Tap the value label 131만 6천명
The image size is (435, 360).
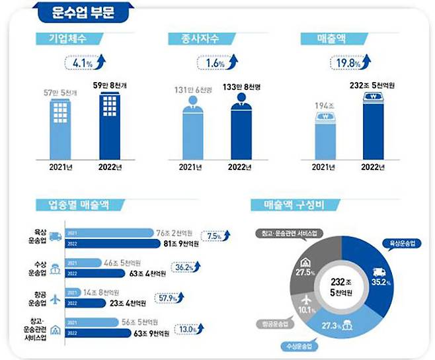tap(195, 91)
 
